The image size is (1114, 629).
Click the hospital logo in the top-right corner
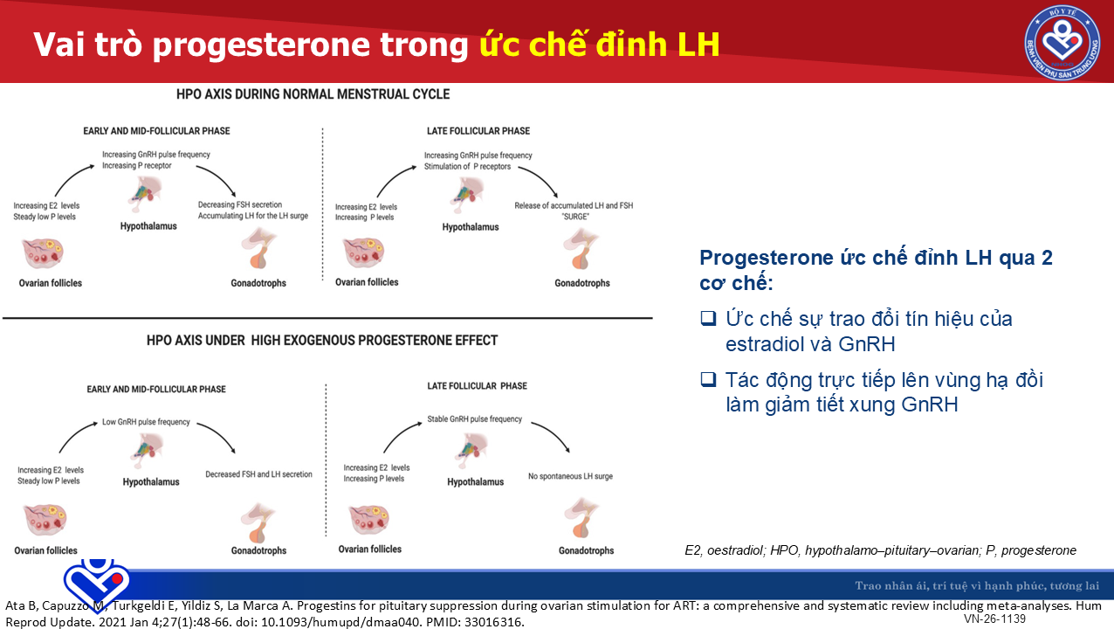1062,42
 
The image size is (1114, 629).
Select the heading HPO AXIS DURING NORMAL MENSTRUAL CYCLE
313,94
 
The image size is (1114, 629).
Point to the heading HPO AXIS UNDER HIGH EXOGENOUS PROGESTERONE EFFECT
322,341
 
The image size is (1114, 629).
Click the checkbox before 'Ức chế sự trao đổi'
708,317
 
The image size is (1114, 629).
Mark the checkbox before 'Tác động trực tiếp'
708,379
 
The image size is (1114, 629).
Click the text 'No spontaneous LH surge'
570,476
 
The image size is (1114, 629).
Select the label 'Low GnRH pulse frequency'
146,422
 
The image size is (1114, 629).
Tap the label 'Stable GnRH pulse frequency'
474,419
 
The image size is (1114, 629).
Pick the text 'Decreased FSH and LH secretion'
258,474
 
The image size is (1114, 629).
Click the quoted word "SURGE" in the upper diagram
575,217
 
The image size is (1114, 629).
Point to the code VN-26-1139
994,619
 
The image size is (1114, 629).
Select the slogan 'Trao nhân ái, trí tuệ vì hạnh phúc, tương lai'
977,585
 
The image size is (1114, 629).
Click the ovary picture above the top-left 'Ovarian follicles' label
44,253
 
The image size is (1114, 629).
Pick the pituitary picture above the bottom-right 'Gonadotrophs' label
581,518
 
